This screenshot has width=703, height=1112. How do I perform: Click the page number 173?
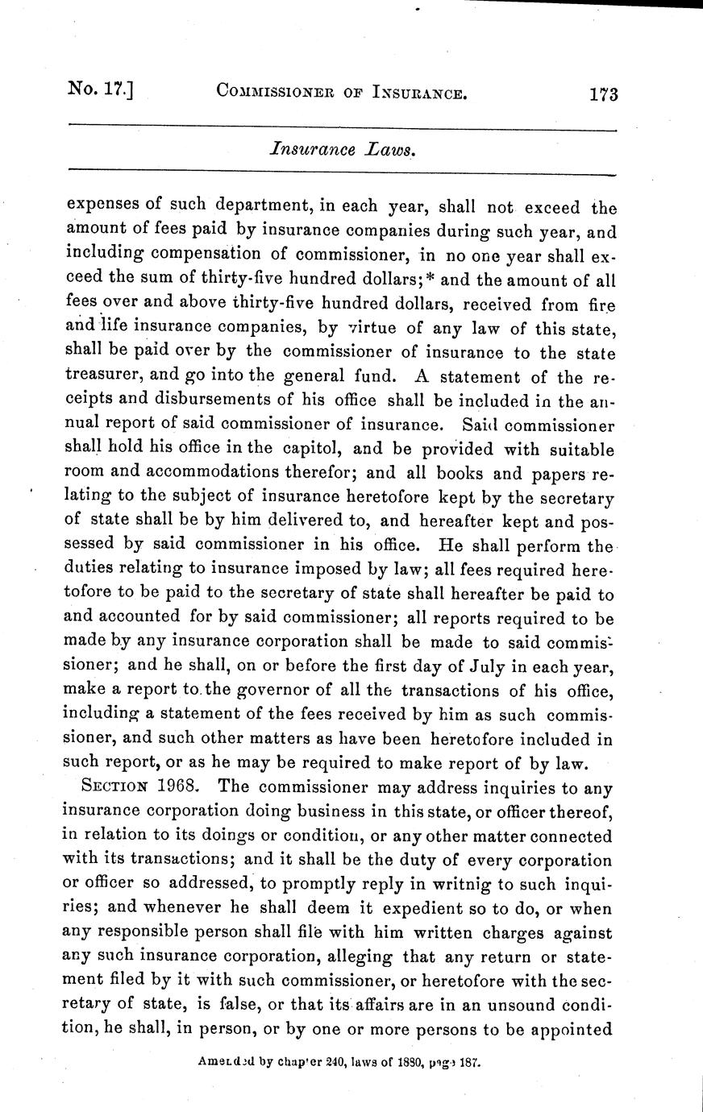pos(602,93)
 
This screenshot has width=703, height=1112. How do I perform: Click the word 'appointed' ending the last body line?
pos(575,1031)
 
